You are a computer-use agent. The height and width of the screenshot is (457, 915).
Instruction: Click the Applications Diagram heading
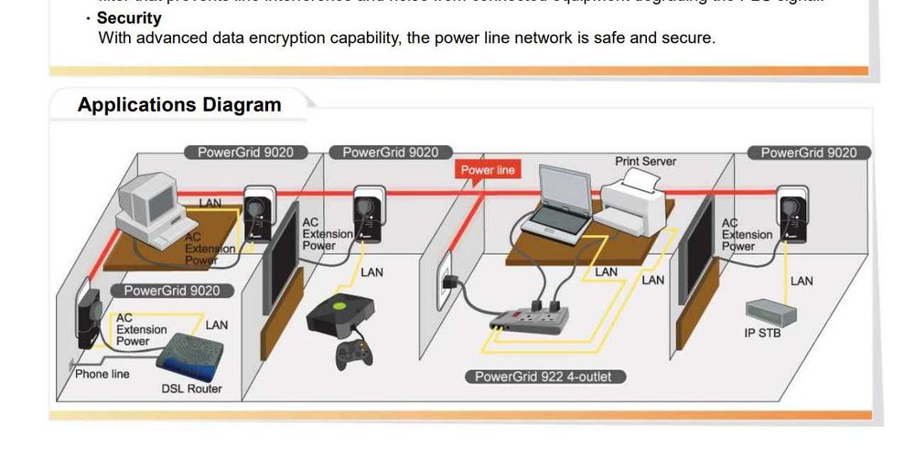tap(179, 105)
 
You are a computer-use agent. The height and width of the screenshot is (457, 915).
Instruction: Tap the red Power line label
tap(488, 170)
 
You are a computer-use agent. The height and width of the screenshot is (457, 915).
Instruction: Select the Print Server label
tap(645, 162)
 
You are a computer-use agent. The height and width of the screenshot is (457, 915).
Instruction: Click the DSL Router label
tap(191, 388)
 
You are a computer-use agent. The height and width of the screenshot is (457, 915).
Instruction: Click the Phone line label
tap(102, 374)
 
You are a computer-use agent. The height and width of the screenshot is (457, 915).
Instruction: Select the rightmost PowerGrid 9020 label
tap(809, 153)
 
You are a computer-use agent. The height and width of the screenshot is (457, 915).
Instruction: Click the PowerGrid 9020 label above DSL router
tap(172, 291)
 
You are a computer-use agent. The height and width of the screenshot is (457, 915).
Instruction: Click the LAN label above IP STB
tap(802, 281)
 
